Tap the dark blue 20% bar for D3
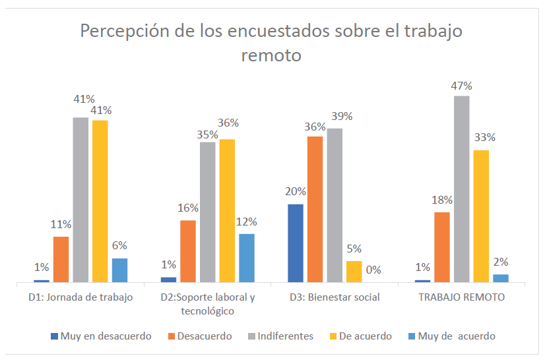(x=296, y=243)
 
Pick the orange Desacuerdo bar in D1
(x=61, y=259)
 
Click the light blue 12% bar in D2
(x=246, y=258)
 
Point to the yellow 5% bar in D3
(x=354, y=272)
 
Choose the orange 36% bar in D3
(x=315, y=209)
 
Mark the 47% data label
(x=461, y=86)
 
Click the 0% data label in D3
(x=373, y=270)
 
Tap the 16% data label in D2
(x=188, y=208)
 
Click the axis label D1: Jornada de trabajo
(x=80, y=297)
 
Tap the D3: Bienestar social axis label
(x=335, y=297)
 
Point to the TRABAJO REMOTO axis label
(x=462, y=297)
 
